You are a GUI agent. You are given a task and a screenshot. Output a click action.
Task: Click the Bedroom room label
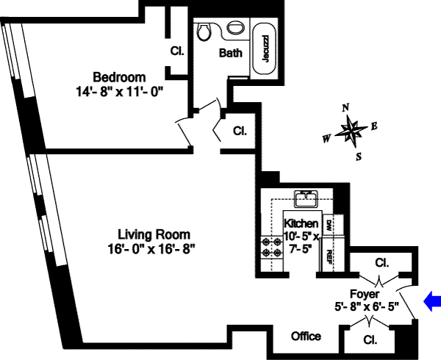[119, 77]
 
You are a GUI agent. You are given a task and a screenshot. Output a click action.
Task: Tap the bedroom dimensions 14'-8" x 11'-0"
[118, 91]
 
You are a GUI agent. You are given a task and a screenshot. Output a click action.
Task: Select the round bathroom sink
[235, 28]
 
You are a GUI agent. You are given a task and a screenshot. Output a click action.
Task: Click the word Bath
[231, 53]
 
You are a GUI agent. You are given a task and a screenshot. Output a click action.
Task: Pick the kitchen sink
[304, 198]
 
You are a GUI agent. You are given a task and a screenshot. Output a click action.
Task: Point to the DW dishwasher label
[330, 226]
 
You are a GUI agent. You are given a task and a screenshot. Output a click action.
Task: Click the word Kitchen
[301, 223]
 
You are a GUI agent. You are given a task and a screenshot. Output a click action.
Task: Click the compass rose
[351, 133]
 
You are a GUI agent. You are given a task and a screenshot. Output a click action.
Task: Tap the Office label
[306, 336]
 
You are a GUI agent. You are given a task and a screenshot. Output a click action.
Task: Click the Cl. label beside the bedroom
[176, 51]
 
